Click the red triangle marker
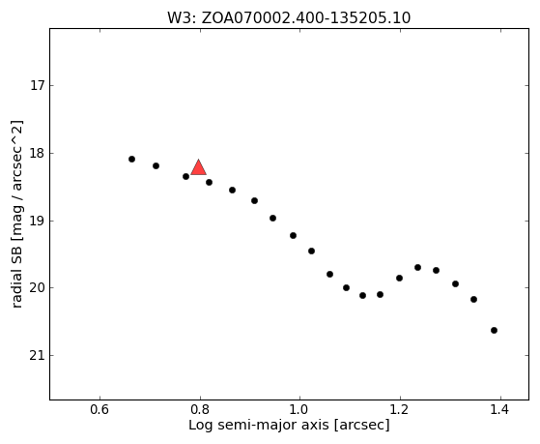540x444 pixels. tap(199, 168)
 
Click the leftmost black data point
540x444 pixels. tap(132, 159)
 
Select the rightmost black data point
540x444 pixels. tap(495, 331)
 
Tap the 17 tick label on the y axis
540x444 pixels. tap(38, 85)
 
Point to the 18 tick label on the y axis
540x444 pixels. tap(38, 153)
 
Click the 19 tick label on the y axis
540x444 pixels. tap(38, 221)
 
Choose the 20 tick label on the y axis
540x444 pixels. tap(38, 288)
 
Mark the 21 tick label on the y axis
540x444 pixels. tap(38, 355)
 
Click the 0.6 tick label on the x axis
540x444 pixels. tap(99, 410)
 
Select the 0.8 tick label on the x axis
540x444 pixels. tap(200, 410)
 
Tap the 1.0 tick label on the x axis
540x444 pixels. tap(300, 410)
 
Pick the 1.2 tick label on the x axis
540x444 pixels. tap(400, 410)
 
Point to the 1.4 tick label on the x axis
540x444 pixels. tap(500, 410)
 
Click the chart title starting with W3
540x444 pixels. tap(289, 18)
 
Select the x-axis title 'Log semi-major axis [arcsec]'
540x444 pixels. tap(289, 425)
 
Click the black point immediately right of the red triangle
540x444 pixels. tap(209, 182)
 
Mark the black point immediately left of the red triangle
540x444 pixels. tap(186, 177)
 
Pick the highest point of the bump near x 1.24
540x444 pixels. tap(417, 267)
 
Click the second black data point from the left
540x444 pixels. tap(156, 166)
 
